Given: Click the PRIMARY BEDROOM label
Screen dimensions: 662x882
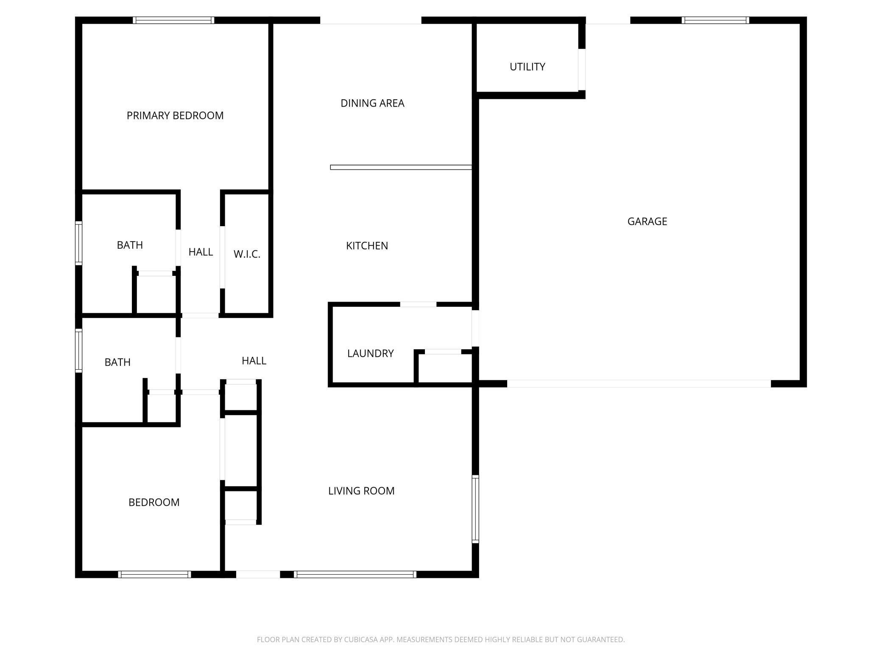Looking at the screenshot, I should click(175, 115).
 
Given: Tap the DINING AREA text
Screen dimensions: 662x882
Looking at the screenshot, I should click(372, 103).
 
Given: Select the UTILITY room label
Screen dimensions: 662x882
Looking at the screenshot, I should click(527, 67).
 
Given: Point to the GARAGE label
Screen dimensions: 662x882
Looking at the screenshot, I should click(647, 221).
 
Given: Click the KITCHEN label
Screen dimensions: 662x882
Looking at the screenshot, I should click(367, 246).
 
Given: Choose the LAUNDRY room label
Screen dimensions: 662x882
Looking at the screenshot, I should click(370, 353).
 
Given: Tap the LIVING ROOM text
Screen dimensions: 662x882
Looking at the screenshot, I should click(361, 491).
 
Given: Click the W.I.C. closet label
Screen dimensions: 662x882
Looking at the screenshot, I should click(247, 254).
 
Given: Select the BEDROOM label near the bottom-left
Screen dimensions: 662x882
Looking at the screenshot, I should click(154, 502).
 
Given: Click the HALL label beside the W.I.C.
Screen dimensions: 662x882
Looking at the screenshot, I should click(201, 252).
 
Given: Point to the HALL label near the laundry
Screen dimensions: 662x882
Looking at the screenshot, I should click(254, 361).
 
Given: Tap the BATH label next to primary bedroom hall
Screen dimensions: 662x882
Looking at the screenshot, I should click(130, 245).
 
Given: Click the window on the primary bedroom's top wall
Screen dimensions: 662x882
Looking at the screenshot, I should click(173, 20).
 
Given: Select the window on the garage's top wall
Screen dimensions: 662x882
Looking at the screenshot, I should click(715, 20).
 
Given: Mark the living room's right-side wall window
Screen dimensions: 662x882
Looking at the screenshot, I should click(475, 509).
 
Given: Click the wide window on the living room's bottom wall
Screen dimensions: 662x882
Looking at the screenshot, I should click(355, 574).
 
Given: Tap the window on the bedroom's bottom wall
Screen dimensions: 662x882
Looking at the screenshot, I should click(154, 574).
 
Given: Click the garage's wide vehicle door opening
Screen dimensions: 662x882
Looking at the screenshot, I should click(639, 384).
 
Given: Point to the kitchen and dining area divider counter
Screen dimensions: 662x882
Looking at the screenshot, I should click(401, 167).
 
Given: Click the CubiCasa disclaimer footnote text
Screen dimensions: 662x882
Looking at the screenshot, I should click(441, 639).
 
